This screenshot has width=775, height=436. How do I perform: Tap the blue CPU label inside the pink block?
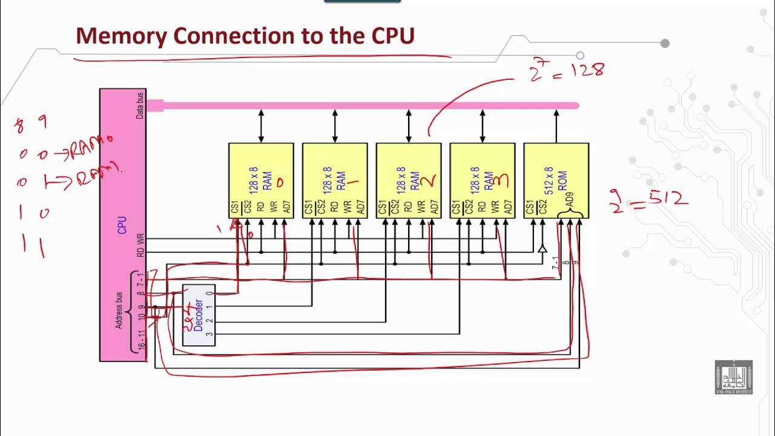point(123,225)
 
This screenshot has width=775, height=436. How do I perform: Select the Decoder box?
point(199,315)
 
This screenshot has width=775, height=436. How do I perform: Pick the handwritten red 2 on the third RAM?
point(429,180)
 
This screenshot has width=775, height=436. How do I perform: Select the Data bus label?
point(140,105)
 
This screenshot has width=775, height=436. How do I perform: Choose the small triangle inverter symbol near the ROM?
point(542,248)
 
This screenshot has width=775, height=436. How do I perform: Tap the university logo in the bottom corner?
point(733,378)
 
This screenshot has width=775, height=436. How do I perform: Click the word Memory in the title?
point(121,36)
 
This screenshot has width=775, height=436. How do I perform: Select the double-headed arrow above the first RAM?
point(261,126)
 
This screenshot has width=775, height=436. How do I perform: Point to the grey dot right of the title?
point(665,43)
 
